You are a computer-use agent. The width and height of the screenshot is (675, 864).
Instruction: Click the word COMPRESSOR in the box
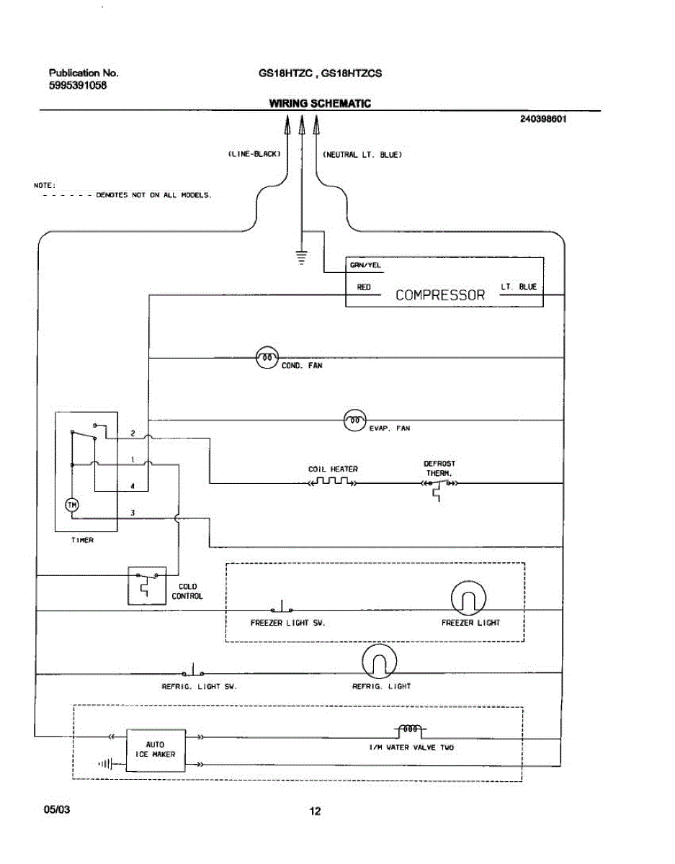click(440, 295)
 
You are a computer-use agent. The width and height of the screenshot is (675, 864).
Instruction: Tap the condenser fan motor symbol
click(267, 357)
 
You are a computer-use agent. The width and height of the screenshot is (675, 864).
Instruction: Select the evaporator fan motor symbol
click(355, 420)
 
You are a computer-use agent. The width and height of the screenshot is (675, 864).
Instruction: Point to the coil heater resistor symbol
click(333, 482)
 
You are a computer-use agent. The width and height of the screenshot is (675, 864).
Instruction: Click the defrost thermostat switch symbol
click(439, 487)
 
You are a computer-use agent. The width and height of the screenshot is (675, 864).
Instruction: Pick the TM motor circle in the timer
click(72, 505)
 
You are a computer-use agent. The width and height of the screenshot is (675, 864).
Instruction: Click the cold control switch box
click(147, 585)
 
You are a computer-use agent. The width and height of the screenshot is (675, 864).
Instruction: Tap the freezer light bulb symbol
click(468, 598)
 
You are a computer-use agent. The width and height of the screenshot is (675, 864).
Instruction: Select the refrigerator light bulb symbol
click(379, 661)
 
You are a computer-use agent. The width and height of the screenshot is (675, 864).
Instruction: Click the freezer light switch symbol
click(282, 607)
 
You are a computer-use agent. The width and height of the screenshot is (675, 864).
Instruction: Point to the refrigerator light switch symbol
click(193, 670)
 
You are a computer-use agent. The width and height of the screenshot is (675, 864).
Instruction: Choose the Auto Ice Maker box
click(156, 750)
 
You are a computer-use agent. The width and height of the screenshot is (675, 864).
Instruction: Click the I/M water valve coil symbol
click(410, 729)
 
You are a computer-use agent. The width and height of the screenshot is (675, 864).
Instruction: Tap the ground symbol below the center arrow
click(302, 257)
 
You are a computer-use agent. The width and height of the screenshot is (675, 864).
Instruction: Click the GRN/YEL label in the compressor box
click(365, 265)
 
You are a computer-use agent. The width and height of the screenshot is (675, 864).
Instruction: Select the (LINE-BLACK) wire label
click(254, 154)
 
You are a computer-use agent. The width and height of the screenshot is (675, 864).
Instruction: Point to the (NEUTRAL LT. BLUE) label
click(362, 155)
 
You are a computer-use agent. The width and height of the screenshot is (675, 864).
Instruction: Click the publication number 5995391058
click(78, 85)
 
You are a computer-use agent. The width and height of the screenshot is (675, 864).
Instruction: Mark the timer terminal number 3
click(133, 513)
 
